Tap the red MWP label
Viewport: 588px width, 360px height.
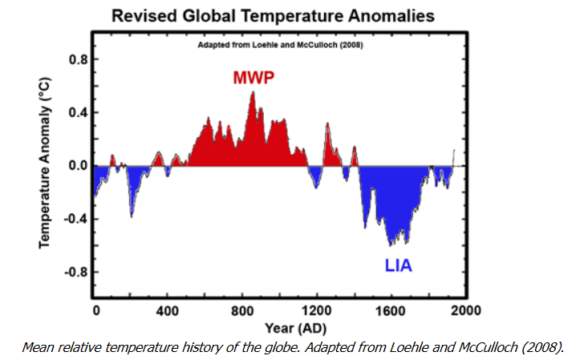point(253,78)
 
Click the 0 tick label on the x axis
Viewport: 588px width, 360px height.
point(95,309)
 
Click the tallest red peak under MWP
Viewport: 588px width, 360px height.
point(253,95)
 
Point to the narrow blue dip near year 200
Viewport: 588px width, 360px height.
point(132,213)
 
